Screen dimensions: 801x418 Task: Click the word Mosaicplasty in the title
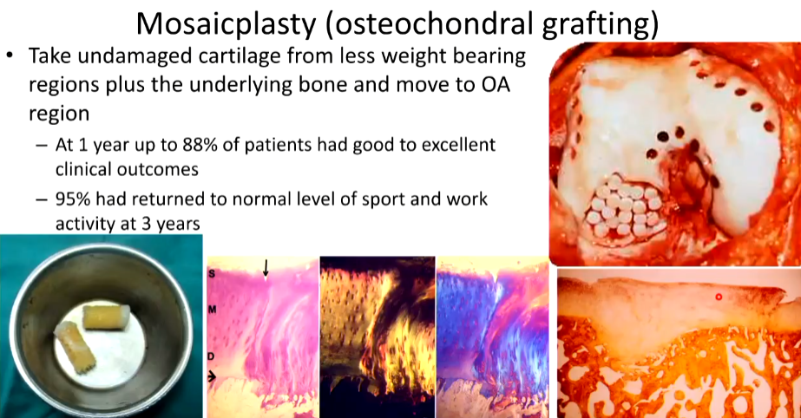point(226,23)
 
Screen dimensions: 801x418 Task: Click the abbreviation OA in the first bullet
point(496,85)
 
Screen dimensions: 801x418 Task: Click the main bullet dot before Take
point(10,56)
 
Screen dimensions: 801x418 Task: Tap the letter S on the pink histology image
point(212,274)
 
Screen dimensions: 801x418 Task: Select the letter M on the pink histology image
point(212,310)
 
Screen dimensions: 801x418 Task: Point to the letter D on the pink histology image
point(211,356)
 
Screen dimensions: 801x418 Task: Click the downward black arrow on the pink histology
point(266,268)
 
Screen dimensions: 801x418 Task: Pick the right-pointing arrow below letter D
point(212,377)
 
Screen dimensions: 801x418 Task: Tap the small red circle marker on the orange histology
point(719,297)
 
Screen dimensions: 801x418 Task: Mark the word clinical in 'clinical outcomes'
point(82,169)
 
